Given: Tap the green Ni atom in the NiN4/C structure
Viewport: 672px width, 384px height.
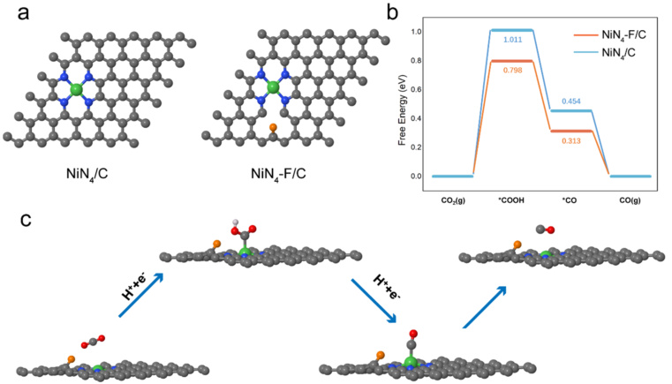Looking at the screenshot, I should pyautogui.click(x=77, y=89).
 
